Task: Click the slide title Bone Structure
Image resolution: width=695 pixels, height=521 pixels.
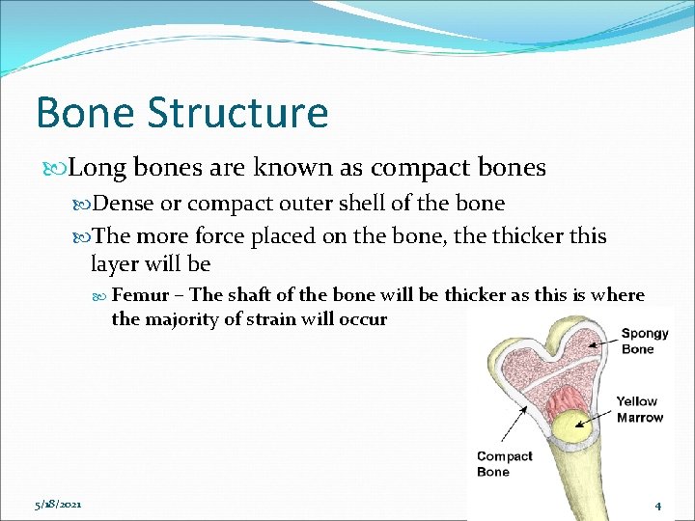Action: pos(181,112)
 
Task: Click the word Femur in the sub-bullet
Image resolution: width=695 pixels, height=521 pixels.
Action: pos(141,295)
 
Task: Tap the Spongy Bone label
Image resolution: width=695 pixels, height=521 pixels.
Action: pos(645,342)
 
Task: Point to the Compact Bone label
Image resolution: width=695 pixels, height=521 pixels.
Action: pos(504,464)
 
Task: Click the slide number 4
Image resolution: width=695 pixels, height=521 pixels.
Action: pos(657,506)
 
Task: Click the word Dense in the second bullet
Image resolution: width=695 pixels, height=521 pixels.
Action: pos(123,204)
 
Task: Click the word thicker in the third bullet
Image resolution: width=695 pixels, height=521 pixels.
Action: pos(518,236)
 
